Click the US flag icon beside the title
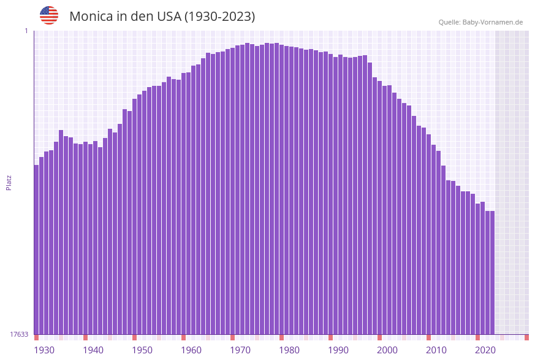tap(49, 15)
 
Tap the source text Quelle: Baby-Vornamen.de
tap(480, 22)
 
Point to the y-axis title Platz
tap(9, 182)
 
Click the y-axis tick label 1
tap(26, 31)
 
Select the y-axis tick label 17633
tap(19, 334)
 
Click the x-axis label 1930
tap(44, 350)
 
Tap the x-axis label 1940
tap(93, 350)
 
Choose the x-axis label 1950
tap(142, 350)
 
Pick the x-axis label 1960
tap(191, 350)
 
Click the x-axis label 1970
tap(240, 350)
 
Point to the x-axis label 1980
tap(289, 350)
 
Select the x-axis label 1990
tap(338, 350)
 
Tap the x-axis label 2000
tap(387, 350)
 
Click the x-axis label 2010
tap(436, 350)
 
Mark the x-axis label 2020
tap(485, 350)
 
